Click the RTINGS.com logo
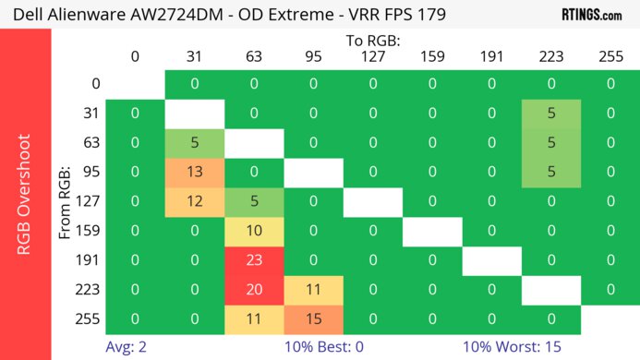591,14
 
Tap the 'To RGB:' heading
372,41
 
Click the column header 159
431,57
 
